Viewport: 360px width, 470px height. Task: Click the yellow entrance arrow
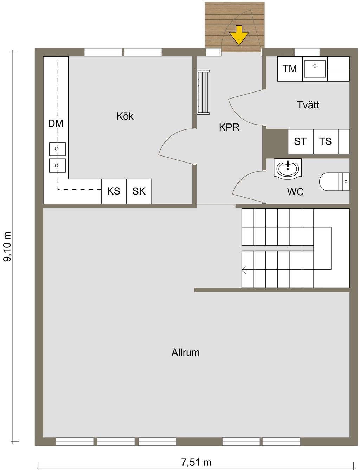pos(239,36)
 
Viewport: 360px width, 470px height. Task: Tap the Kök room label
pos(125,116)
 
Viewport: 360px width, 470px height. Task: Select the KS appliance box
pos(114,191)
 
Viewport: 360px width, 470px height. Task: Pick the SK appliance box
pos(139,191)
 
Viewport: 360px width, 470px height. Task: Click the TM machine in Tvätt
pos(290,69)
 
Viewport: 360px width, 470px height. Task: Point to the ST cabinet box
pos(300,142)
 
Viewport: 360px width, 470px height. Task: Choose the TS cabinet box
pos(326,142)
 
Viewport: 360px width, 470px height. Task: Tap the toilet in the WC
pos(334,182)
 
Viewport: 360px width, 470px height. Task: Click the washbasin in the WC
pos(288,169)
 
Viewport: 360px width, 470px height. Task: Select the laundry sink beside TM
pos(315,69)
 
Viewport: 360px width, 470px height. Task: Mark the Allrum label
pos(185,352)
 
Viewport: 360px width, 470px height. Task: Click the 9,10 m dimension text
pos(7,246)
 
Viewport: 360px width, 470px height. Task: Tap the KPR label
pos(229,127)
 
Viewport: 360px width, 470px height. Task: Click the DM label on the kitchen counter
pos(56,123)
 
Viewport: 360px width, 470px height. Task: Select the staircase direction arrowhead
pos(244,270)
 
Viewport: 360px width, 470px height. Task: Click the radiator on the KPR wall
pos(203,93)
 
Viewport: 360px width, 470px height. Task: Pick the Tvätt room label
pos(308,105)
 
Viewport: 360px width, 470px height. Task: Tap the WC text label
pos(295,192)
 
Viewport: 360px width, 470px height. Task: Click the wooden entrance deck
pos(234,27)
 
